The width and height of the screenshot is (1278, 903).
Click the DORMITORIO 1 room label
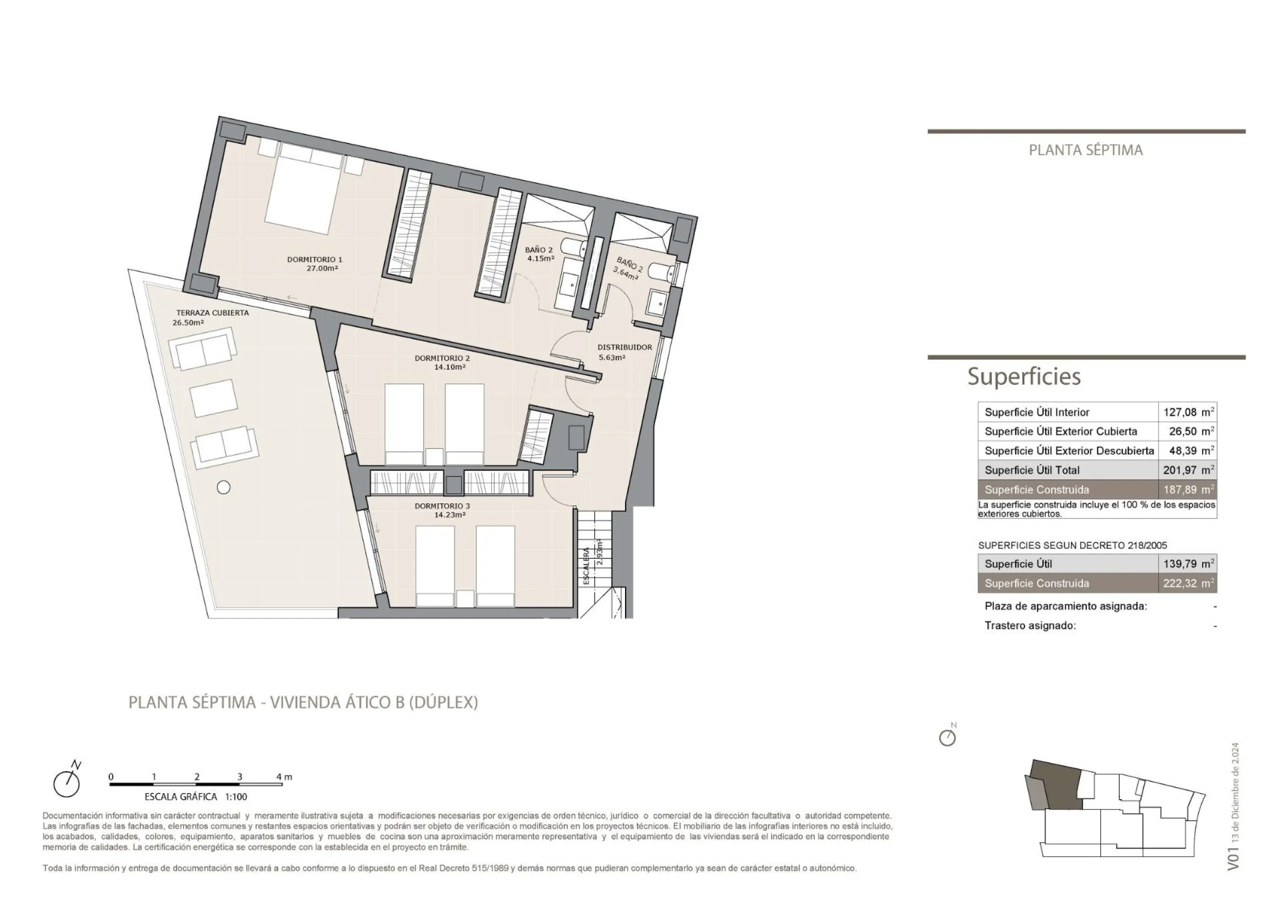(x=315, y=259)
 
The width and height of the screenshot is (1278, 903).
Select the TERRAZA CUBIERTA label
(x=213, y=313)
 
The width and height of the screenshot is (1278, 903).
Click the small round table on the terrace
(x=224, y=487)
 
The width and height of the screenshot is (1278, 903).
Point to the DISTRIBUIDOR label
(x=625, y=347)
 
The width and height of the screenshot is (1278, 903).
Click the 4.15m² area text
(x=541, y=258)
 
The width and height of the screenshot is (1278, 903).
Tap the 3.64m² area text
(x=626, y=273)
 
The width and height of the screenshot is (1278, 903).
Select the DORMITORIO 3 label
(x=442, y=506)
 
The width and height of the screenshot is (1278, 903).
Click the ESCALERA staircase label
(x=587, y=566)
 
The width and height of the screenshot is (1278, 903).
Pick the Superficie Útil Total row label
(x=1032, y=470)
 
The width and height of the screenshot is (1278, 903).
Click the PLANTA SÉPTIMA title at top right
(x=1086, y=150)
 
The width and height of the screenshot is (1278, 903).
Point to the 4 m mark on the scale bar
(x=284, y=777)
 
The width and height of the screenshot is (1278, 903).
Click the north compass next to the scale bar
(x=67, y=780)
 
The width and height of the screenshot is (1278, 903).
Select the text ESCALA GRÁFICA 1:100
(x=196, y=797)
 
